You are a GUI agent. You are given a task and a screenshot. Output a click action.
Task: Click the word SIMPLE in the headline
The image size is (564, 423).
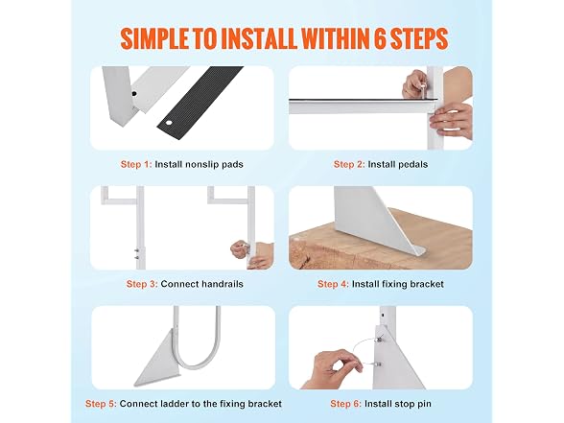(154, 38)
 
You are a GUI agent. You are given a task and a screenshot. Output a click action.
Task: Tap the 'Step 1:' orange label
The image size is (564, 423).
(136, 164)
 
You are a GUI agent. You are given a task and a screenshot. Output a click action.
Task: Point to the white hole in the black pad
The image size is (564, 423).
(169, 124)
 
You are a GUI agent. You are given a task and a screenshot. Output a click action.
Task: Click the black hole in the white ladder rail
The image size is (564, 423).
(134, 94)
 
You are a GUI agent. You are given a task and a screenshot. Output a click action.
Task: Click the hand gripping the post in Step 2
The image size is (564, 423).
(451, 121)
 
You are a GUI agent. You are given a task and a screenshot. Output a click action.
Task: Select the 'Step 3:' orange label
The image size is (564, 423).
(142, 284)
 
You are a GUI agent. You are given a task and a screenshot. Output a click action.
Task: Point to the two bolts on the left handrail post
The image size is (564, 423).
(137, 254)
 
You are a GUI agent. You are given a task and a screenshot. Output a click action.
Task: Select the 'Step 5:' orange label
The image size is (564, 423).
(101, 404)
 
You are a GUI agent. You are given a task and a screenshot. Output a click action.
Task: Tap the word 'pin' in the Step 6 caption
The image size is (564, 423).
(424, 404)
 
